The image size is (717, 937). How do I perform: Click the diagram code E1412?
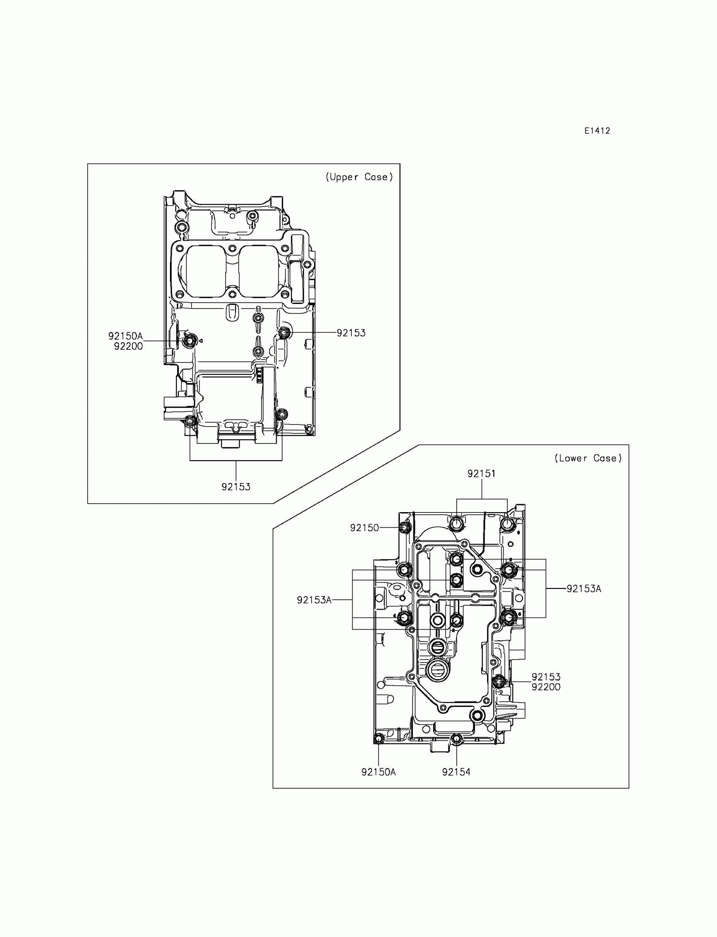[597, 131]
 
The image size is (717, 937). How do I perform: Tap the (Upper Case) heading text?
[359, 177]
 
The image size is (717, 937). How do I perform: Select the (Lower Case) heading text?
[588, 458]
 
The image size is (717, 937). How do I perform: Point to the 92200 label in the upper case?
[128, 346]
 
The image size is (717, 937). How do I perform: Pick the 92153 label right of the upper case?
[351, 333]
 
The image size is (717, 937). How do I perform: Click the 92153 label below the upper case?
[236, 487]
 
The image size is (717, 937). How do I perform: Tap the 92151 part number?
[481, 473]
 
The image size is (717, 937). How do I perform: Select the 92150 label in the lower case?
[364, 528]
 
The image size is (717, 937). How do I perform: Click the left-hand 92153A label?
[314, 600]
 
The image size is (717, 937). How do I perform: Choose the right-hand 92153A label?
[583, 588]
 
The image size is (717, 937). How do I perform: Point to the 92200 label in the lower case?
[546, 687]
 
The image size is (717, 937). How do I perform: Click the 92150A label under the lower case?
[378, 772]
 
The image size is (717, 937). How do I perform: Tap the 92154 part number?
[456, 772]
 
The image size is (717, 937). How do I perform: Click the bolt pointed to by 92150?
[405, 528]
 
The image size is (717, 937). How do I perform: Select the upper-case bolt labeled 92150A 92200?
[189, 341]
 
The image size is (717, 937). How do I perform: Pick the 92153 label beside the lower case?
[546, 677]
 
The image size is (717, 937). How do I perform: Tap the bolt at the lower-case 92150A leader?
[379, 738]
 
